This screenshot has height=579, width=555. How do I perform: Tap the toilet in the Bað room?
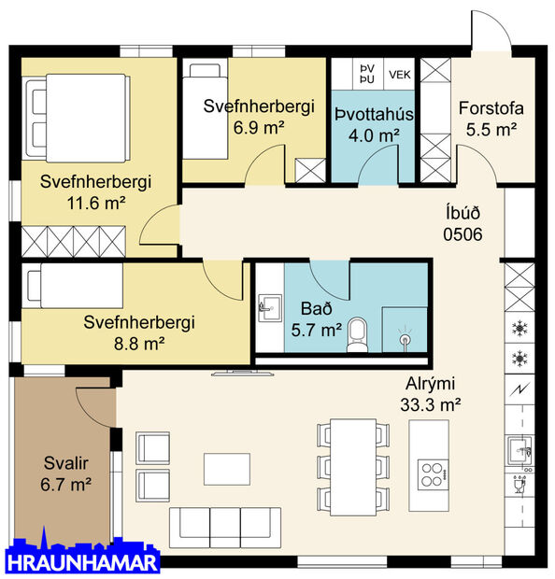tap(356, 335)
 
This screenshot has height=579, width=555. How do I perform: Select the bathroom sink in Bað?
tap(269, 306)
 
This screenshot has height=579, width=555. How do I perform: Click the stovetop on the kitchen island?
tap(433, 473)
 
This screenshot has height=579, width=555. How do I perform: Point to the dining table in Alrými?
tap(353, 464)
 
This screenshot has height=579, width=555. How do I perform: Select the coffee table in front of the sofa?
tap(227, 468)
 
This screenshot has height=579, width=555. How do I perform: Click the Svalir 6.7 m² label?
tap(67, 473)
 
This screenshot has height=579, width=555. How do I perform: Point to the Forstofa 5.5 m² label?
tap(491, 119)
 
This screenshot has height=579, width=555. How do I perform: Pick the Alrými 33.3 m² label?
tap(433, 394)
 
